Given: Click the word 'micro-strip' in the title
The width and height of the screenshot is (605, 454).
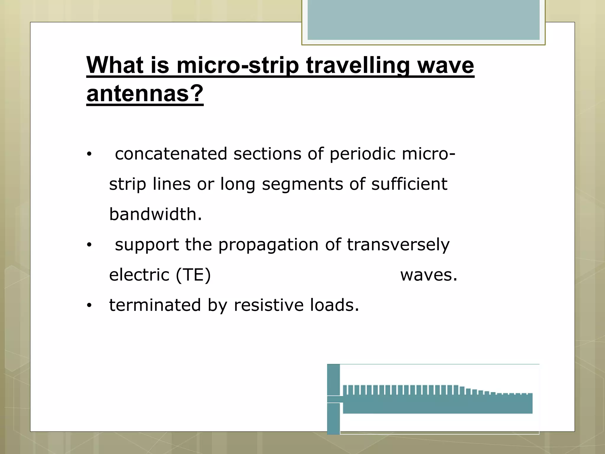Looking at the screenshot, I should point(238,66).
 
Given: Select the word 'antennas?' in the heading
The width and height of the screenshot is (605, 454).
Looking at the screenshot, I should point(145,94).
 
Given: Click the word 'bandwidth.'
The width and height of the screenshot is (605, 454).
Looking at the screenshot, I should point(155,214).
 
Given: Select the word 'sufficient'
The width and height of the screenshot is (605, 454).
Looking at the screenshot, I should point(409,184).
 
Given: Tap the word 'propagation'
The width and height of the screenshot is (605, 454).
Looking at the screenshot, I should point(268,245).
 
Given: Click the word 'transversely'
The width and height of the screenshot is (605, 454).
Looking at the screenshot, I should point(398,245).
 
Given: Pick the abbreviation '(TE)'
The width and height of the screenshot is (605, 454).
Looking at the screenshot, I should point(193,275).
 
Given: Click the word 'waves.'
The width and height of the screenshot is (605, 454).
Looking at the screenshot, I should point(429,275).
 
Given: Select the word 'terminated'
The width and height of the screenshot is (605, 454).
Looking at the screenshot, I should point(155,305).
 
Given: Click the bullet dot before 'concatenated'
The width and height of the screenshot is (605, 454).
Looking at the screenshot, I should point(89,154).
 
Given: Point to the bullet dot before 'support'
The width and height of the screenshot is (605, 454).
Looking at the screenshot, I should point(89,245).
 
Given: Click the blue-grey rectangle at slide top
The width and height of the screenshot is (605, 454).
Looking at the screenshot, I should point(423,20).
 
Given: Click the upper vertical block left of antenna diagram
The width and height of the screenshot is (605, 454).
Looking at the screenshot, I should point(334,380).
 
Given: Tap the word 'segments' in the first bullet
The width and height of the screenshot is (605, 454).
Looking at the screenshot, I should point(302,184).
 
